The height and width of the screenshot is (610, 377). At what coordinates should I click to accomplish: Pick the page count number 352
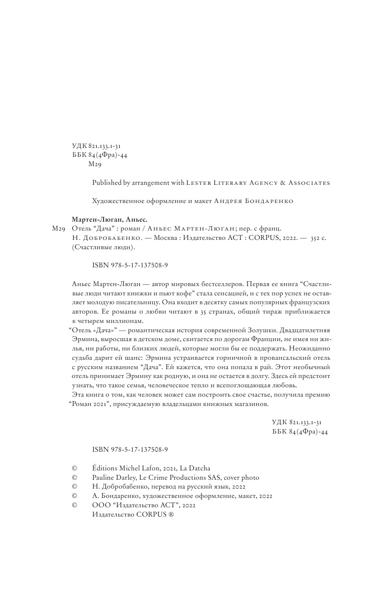pyautogui.click(x=316, y=237)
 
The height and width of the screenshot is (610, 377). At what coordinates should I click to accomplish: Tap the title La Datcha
pyautogui.click(x=194, y=468)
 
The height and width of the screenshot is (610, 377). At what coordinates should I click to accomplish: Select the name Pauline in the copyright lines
pyautogui.click(x=104, y=477)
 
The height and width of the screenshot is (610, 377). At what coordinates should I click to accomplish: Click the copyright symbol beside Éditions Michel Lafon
pyautogui.click(x=75, y=468)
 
